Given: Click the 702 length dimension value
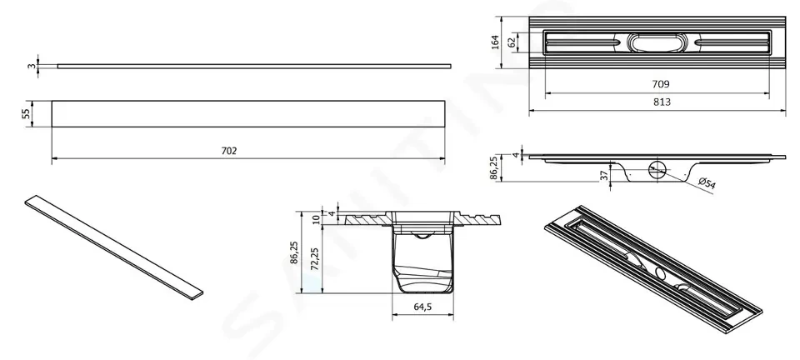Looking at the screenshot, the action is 229,151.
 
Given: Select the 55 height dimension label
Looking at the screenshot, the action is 27,113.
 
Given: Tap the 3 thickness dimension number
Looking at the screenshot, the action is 32,66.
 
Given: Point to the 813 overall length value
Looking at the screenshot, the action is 662,102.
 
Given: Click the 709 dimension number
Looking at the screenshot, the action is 661,84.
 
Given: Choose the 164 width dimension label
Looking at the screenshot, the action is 494,42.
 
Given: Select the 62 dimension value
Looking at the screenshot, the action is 512,42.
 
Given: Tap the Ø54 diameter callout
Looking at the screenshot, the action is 706,182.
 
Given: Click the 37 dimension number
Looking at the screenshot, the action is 604,175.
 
